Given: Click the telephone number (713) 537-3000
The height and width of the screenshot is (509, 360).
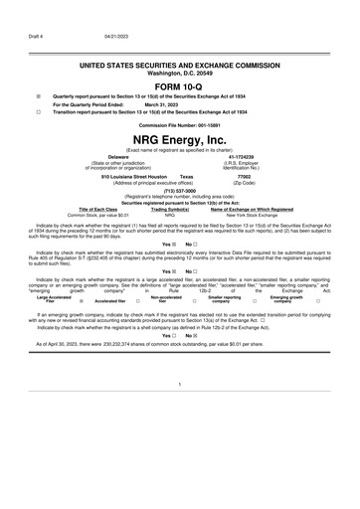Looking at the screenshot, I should point(179,192).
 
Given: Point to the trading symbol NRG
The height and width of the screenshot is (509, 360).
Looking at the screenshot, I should point(170,215).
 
